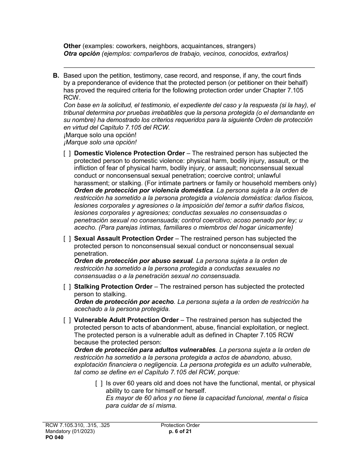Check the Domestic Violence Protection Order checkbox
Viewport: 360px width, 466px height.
coord(67,153)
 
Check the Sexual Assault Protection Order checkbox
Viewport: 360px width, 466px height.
coord(67,239)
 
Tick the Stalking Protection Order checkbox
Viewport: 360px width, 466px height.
coord(67,287)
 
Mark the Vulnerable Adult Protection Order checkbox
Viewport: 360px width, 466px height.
coord(67,320)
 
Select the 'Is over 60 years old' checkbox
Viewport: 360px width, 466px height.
coord(99,383)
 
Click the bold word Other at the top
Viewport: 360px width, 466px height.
coord(72,46)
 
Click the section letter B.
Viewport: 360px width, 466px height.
coord(56,76)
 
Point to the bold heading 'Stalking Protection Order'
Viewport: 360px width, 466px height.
coord(113,287)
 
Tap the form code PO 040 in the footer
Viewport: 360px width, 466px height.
coord(53,438)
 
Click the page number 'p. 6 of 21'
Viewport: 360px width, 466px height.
coord(180,432)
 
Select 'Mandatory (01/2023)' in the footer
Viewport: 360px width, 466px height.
coord(69,432)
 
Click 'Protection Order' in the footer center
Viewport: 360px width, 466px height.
coord(180,425)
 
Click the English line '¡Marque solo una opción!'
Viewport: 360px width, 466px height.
coord(100,135)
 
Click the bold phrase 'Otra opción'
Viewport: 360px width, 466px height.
coord(81,54)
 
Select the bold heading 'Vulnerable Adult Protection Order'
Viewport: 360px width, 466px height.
coord(126,320)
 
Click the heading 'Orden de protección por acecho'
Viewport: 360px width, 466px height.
coord(124,302)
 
